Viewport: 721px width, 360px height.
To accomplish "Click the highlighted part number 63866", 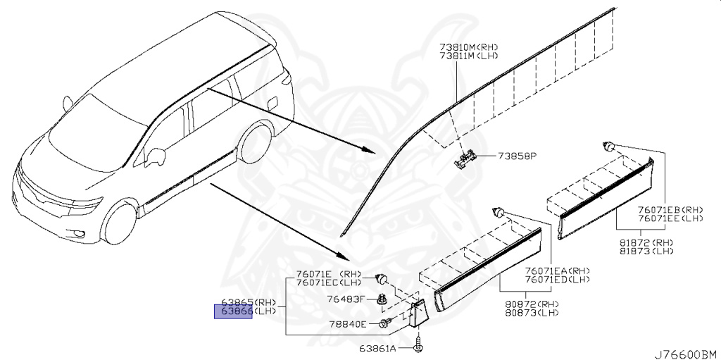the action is (x=233, y=311).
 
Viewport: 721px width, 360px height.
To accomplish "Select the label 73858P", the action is (x=518, y=156).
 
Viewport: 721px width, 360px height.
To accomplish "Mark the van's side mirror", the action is (x=154, y=154).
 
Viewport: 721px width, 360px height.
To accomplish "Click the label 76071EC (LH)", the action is (x=329, y=283).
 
